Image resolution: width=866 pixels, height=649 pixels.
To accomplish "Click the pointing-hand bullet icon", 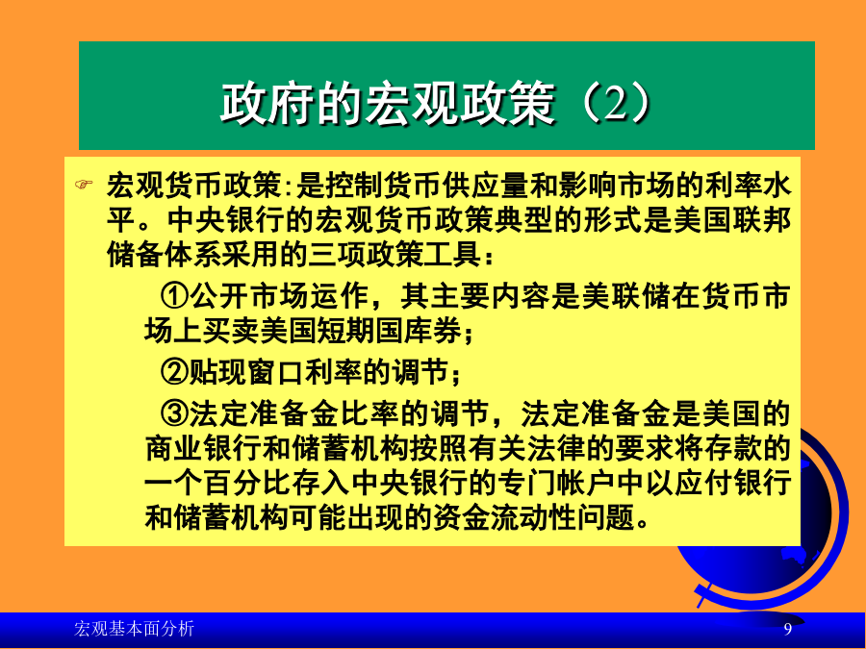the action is [x=84, y=184].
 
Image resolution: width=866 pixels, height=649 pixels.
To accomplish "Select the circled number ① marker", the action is [x=174, y=296].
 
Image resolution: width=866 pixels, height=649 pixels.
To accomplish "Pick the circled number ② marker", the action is [x=174, y=371].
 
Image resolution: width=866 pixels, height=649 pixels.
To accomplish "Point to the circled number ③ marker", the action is [x=174, y=413].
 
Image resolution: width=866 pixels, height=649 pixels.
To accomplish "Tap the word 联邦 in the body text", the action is [x=762, y=219].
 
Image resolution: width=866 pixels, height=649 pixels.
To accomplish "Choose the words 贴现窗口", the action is [x=246, y=371].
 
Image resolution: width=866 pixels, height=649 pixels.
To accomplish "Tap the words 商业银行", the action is [x=203, y=448].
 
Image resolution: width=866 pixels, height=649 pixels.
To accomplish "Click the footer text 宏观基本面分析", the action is [x=134, y=629].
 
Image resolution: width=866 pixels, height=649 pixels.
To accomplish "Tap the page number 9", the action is [x=787, y=629].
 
